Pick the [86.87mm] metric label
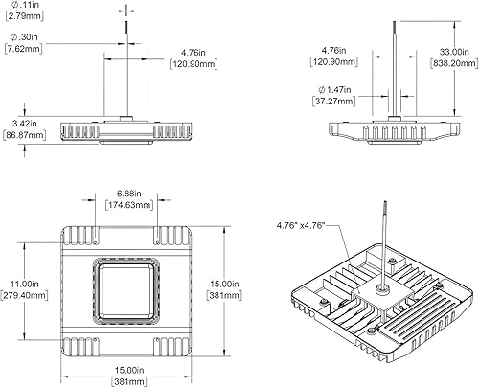click(x=24, y=136)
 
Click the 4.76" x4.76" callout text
click(x=302, y=224)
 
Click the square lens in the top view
click(x=126, y=290)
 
